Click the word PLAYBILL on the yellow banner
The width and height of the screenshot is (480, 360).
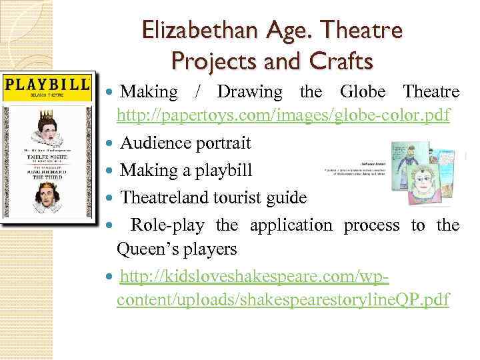coord(47,85)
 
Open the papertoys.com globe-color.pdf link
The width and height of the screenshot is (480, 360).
coord(283,116)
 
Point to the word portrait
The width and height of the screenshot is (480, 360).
coord(221,143)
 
